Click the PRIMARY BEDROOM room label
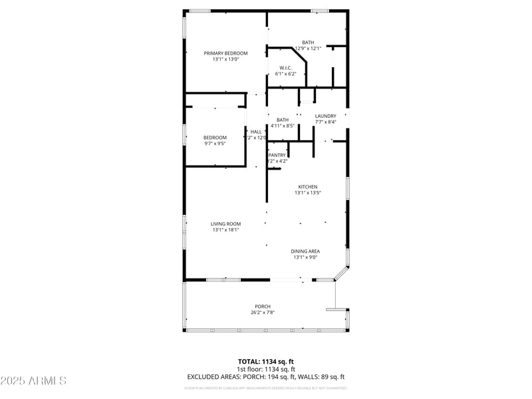(x=225, y=53)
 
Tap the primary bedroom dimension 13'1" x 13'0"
(x=225, y=59)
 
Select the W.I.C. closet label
(x=285, y=68)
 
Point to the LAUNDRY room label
(x=325, y=116)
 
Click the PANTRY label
(x=277, y=155)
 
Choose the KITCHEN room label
(x=307, y=187)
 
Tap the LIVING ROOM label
(x=225, y=224)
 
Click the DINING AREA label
(x=305, y=251)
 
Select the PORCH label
(x=263, y=307)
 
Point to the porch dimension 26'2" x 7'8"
(x=263, y=313)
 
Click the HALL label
(x=256, y=132)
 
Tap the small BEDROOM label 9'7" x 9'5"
(x=215, y=138)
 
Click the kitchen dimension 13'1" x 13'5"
(x=307, y=193)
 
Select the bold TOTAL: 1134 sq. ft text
(x=266, y=362)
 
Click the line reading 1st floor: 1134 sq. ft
(x=266, y=369)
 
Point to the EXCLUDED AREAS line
(x=266, y=377)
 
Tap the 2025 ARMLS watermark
(x=33, y=381)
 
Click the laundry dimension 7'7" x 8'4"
(x=325, y=122)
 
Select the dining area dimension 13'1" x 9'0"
(x=305, y=257)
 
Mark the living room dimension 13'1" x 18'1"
(x=225, y=230)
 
